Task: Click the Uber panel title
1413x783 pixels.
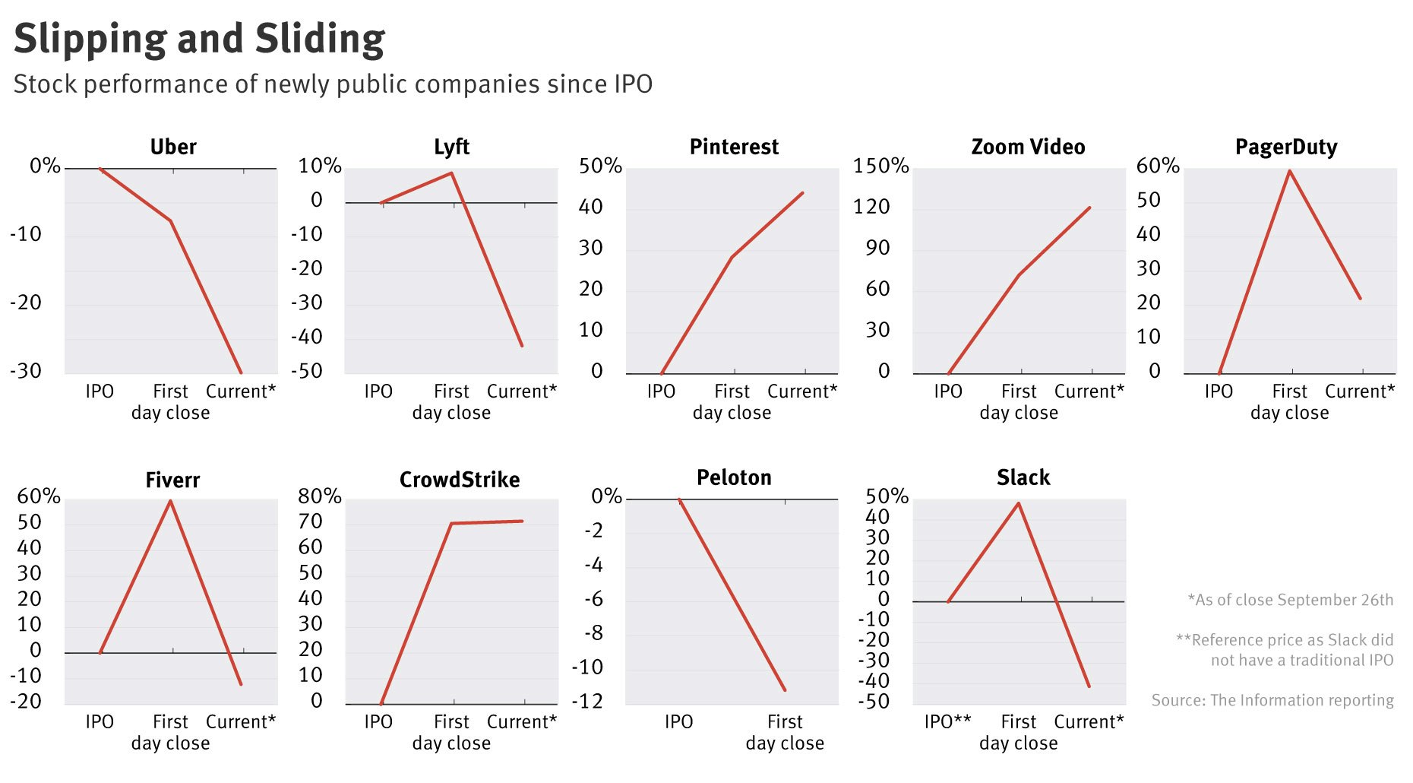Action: pos(173,147)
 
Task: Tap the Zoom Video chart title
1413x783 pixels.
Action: pos(1028,147)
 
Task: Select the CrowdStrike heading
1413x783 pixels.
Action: pos(460,480)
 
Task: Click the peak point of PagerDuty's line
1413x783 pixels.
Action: pos(1290,171)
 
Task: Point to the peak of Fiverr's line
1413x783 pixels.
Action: pos(171,501)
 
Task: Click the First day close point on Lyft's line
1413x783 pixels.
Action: pos(451,173)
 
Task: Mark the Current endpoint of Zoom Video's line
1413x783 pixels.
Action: pos(1089,208)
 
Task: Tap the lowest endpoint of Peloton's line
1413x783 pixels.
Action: pos(785,690)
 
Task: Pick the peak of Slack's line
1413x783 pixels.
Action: pos(1019,503)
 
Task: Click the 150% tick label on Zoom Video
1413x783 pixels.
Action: pos(880,166)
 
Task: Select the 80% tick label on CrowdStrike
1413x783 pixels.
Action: pos(319,496)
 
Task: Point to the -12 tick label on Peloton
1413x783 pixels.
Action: pos(587,701)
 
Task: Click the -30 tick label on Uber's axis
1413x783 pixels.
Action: pos(26,371)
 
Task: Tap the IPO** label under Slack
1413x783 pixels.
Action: pos(947,721)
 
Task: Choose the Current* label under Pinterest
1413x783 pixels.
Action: pos(802,391)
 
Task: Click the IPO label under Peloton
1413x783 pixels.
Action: pos(678,721)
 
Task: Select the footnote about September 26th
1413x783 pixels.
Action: pos(1290,600)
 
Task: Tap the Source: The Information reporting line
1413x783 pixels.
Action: pos(1272,700)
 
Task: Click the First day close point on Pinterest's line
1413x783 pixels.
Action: pos(732,257)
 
